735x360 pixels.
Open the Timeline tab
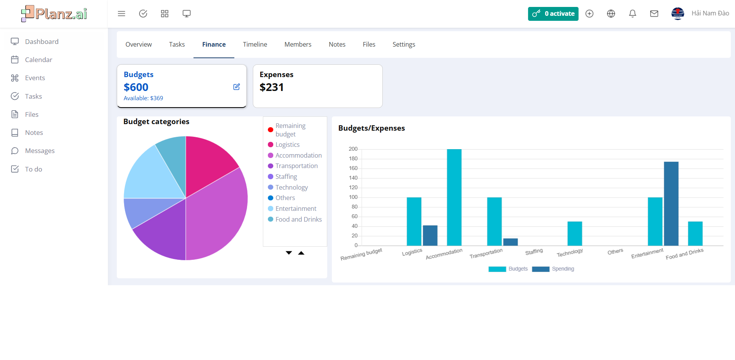255,44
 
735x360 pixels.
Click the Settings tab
404,44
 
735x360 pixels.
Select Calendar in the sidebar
38,60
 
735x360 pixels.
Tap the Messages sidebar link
40,151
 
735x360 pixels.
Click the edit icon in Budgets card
237,87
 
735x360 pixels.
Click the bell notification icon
632,14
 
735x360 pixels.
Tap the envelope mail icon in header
654,14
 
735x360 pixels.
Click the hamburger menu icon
121,14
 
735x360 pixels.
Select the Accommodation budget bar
454,197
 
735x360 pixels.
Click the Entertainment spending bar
671,204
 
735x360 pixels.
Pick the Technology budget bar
575,234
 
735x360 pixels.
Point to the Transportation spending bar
510,242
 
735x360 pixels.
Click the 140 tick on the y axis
353,178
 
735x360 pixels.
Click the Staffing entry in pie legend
286,177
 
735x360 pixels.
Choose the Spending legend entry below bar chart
553,269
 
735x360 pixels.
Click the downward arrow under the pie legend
289,253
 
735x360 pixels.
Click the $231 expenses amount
271,87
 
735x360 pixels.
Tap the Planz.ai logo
54,14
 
